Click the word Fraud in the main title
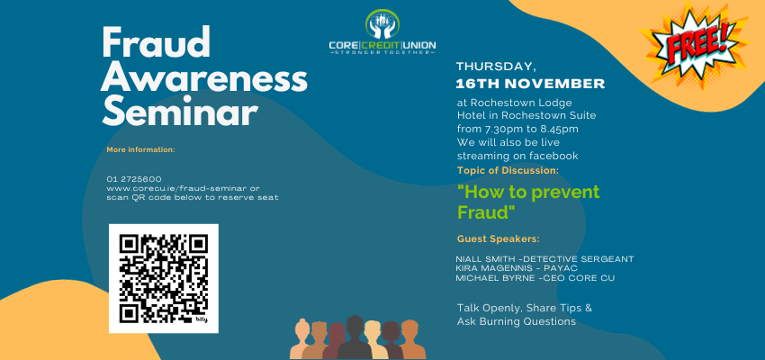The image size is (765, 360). pos(156,42)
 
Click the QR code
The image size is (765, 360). pos(164,278)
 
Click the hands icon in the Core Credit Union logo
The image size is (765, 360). pos(382,25)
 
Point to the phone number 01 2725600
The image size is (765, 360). pos(134,179)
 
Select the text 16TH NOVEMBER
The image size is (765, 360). pos(530,84)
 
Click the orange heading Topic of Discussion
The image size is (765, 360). pos(508,171)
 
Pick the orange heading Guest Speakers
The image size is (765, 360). pos(499,239)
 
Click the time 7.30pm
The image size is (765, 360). pos(498,130)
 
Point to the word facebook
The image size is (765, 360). pos(553,156)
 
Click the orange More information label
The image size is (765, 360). pos(140,149)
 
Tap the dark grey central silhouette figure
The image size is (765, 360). pos(355,337)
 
